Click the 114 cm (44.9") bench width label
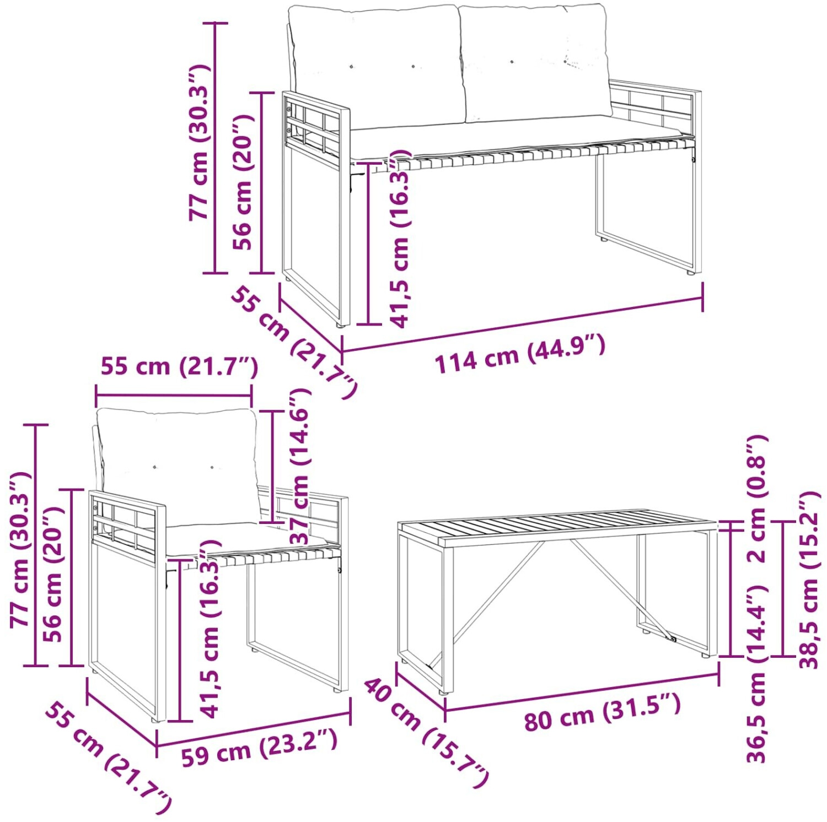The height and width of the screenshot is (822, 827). [x=520, y=354]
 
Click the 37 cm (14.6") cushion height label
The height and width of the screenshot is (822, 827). [x=300, y=466]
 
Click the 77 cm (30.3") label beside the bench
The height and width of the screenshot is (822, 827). [x=199, y=142]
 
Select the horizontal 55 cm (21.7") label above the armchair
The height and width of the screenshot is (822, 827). [x=179, y=366]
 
